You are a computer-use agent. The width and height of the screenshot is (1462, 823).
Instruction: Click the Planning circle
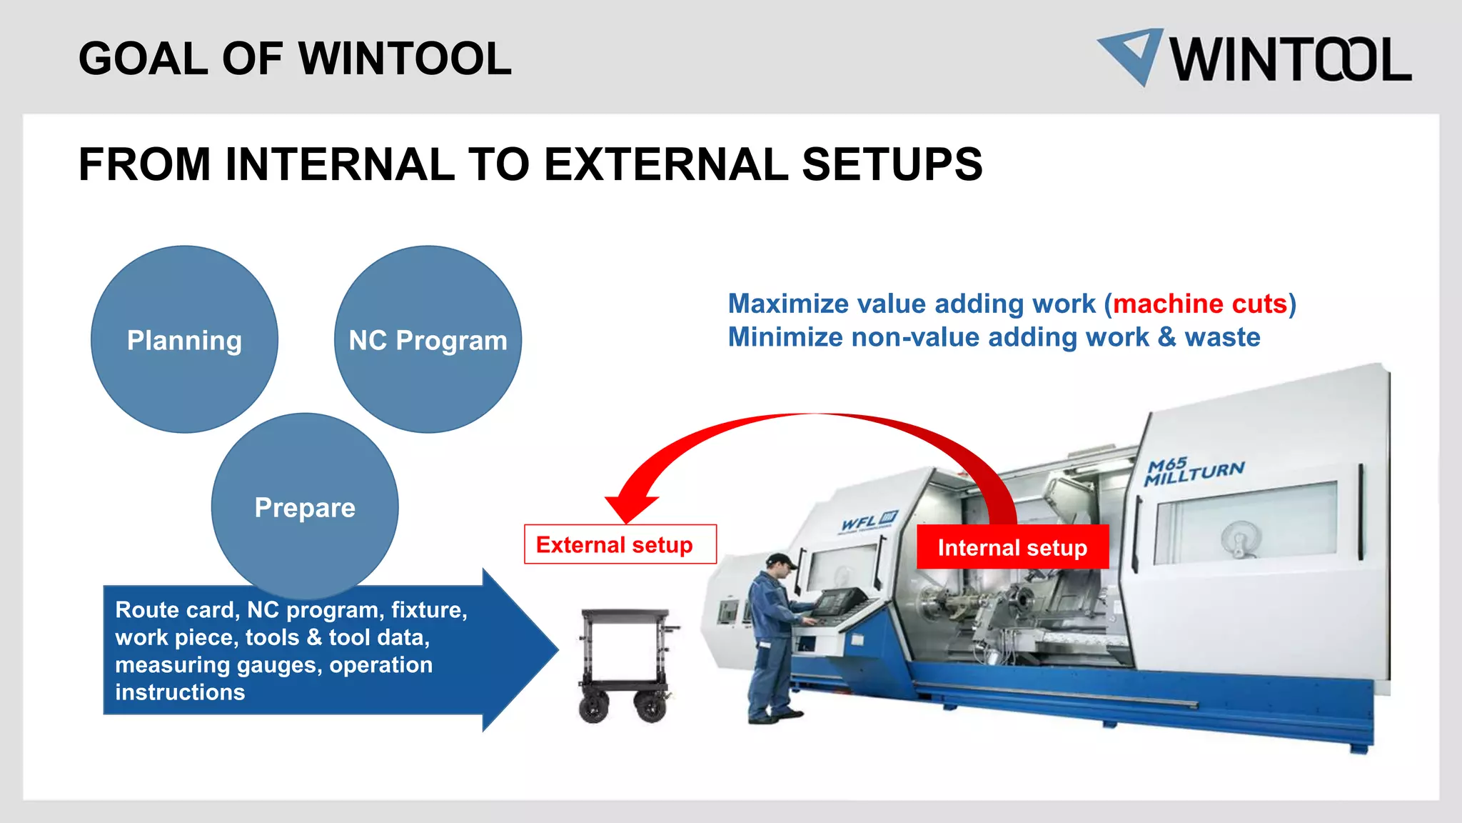coord(184,339)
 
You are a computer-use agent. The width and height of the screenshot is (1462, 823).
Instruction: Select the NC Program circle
coord(428,339)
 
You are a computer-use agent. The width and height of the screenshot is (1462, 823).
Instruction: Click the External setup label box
coord(620,544)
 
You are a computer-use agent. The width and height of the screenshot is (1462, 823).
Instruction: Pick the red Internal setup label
coord(1012,547)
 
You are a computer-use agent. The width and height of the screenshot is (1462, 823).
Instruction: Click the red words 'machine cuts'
coord(1200,304)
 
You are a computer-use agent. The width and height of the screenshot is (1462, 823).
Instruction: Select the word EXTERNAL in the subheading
coord(665,164)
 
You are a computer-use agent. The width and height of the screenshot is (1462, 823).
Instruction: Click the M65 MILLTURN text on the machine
coord(1194,471)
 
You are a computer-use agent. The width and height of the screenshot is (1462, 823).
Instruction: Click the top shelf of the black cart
coord(625,614)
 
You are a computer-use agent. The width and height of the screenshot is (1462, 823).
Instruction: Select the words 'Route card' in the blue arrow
coord(175,610)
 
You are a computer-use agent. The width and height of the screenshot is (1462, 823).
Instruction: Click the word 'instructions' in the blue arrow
coord(180,692)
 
